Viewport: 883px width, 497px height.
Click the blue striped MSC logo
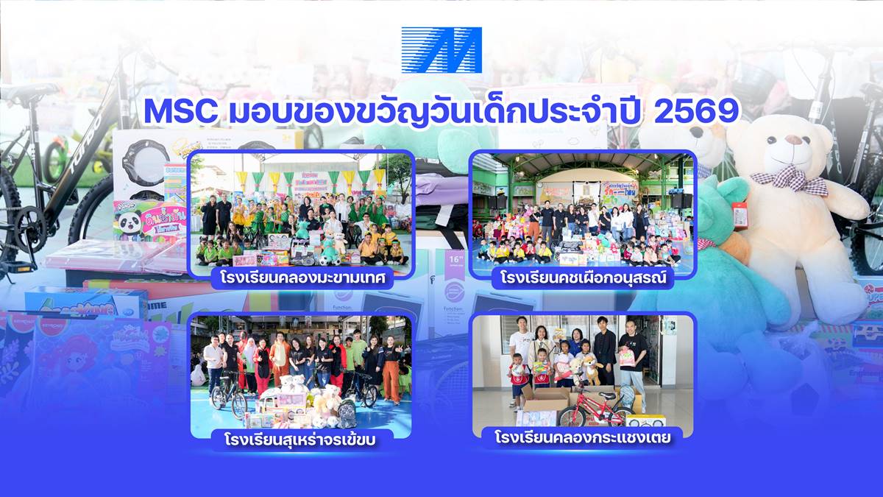(441, 50)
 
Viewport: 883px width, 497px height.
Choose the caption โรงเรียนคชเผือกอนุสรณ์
(582, 279)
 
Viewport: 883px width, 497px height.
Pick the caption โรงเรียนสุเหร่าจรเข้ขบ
(302, 440)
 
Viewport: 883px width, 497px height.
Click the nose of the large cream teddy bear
(793, 140)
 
